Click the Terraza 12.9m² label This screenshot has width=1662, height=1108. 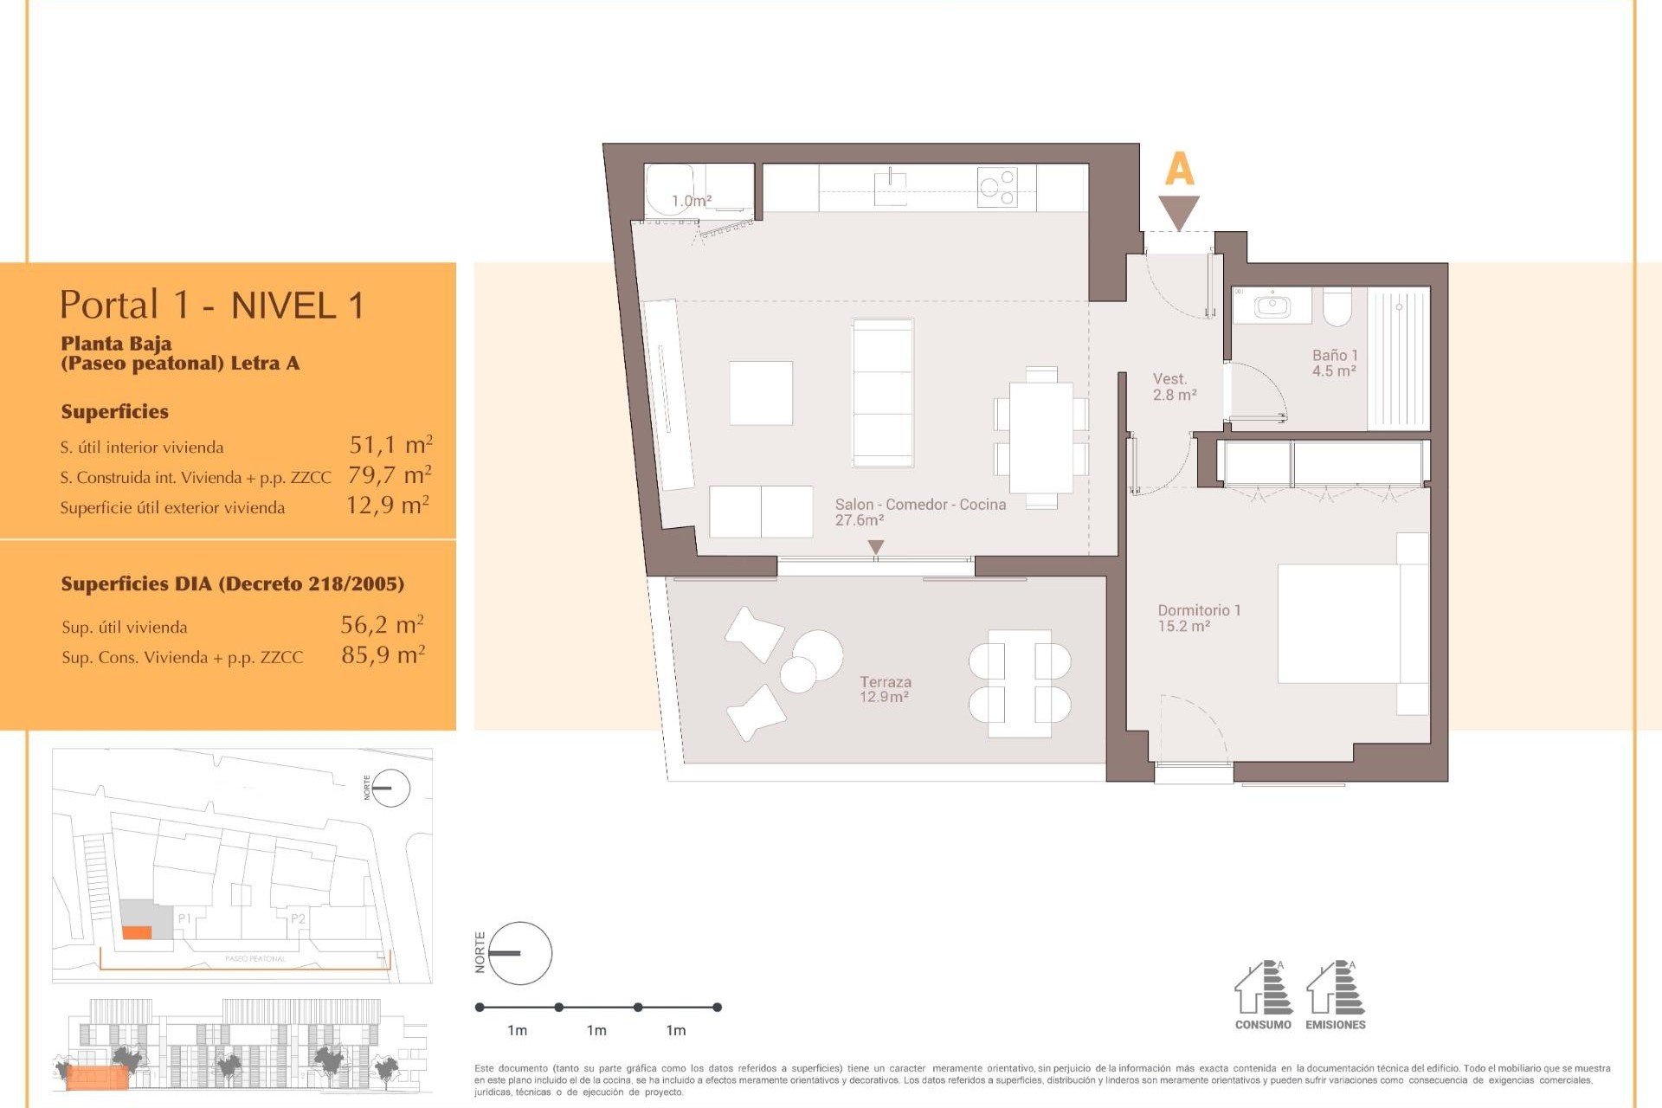885,689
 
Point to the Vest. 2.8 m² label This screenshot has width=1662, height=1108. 1174,387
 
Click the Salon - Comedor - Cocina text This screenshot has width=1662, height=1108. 920,505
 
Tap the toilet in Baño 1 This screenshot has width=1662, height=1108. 1337,306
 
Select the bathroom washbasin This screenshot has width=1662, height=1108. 1272,306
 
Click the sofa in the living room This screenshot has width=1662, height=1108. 882,392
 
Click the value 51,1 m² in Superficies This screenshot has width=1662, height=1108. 390,445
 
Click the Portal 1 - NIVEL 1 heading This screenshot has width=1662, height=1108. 212,305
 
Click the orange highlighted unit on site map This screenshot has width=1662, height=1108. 137,932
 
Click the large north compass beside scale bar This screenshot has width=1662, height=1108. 520,953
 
